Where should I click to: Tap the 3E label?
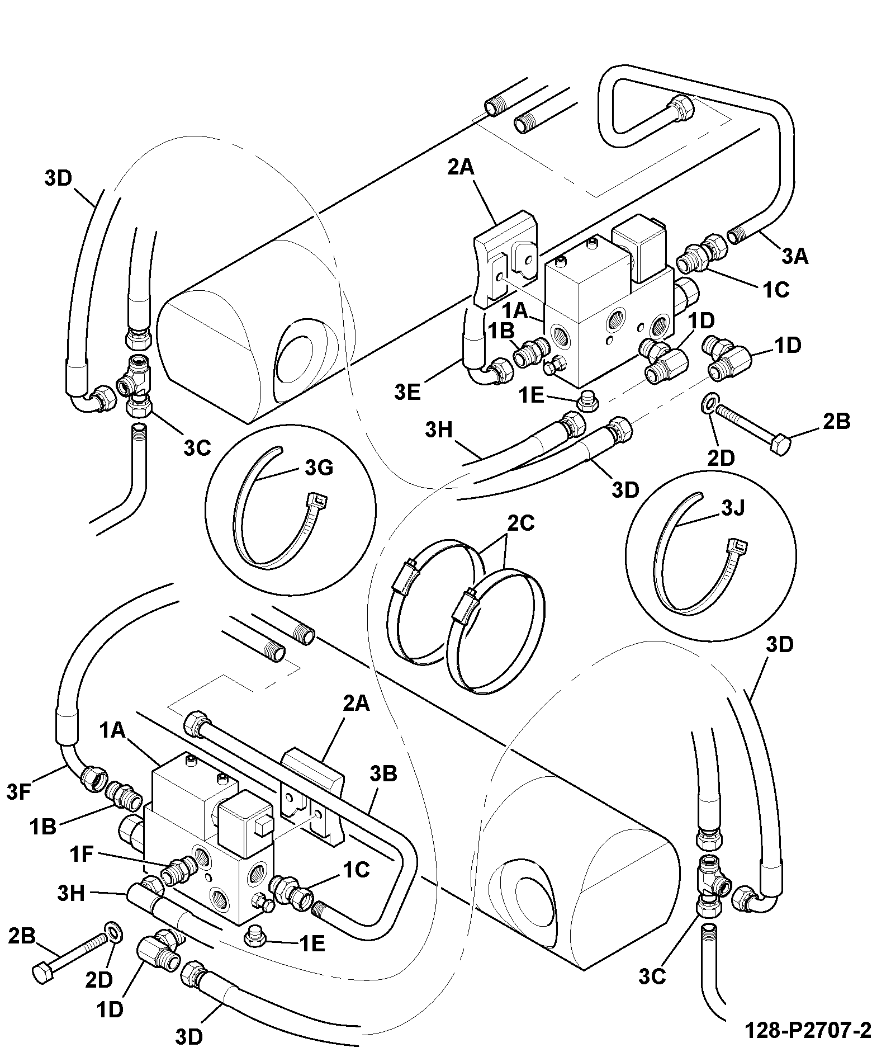click(x=407, y=392)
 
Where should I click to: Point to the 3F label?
click(x=19, y=792)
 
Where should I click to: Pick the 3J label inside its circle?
click(x=733, y=508)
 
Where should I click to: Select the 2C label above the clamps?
click(x=520, y=522)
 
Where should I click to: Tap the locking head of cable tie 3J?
click(x=736, y=545)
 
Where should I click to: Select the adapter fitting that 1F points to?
click(x=177, y=870)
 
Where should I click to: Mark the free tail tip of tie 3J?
click(x=700, y=494)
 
